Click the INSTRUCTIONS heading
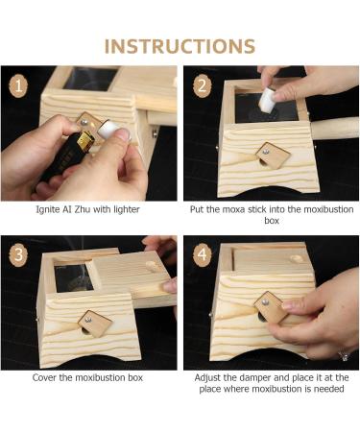(x=180, y=46)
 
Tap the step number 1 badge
(x=18, y=85)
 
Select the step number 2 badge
(x=203, y=85)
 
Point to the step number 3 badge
(x=18, y=254)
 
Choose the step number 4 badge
(x=203, y=254)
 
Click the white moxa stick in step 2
(x=267, y=99)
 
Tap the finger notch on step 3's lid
(x=151, y=266)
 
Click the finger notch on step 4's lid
(x=296, y=258)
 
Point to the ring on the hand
(x=345, y=356)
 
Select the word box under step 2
(x=272, y=221)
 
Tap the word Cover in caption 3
(x=44, y=377)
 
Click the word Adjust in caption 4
(x=207, y=378)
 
